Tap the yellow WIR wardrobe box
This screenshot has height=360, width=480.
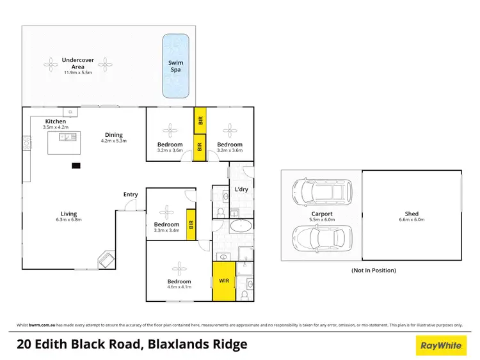223,280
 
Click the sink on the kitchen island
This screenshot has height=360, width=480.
65,137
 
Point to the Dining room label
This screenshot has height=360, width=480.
115,134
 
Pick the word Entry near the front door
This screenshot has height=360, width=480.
131,194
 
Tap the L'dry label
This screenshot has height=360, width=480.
242,189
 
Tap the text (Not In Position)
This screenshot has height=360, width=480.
374,270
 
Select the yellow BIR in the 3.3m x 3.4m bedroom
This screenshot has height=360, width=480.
191,224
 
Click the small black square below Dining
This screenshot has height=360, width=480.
76,166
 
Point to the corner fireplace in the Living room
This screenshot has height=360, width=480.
106,260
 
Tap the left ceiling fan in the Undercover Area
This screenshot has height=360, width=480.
51,63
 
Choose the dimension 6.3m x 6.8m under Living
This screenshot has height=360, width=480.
68,220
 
